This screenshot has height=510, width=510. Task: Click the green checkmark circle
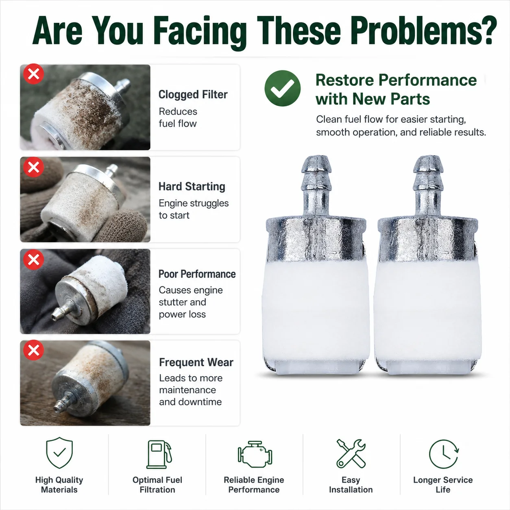(x=282, y=88)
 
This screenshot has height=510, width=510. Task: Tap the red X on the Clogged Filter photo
(x=34, y=74)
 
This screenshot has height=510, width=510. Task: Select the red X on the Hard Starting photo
(x=34, y=167)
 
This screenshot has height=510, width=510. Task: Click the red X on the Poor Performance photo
(x=34, y=259)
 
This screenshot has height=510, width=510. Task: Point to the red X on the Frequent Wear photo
(x=34, y=350)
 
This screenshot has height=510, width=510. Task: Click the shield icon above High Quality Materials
(x=59, y=453)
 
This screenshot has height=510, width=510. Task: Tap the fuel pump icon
(x=159, y=454)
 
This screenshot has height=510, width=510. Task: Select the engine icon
(x=255, y=454)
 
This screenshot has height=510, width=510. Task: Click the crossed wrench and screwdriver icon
(x=351, y=453)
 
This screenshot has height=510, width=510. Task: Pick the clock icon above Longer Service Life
(x=444, y=454)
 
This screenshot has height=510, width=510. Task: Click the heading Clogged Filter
(x=193, y=94)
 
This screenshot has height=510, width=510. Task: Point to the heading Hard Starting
(x=192, y=187)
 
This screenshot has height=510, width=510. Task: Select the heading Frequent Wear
(x=196, y=362)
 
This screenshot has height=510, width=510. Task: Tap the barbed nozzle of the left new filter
(x=316, y=185)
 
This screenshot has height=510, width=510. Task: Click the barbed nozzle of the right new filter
(x=428, y=185)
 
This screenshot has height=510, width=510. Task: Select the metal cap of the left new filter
(x=316, y=238)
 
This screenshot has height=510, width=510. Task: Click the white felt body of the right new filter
(x=428, y=312)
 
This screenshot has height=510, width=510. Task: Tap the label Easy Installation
(x=351, y=485)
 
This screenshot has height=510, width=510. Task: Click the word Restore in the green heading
(x=345, y=80)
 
